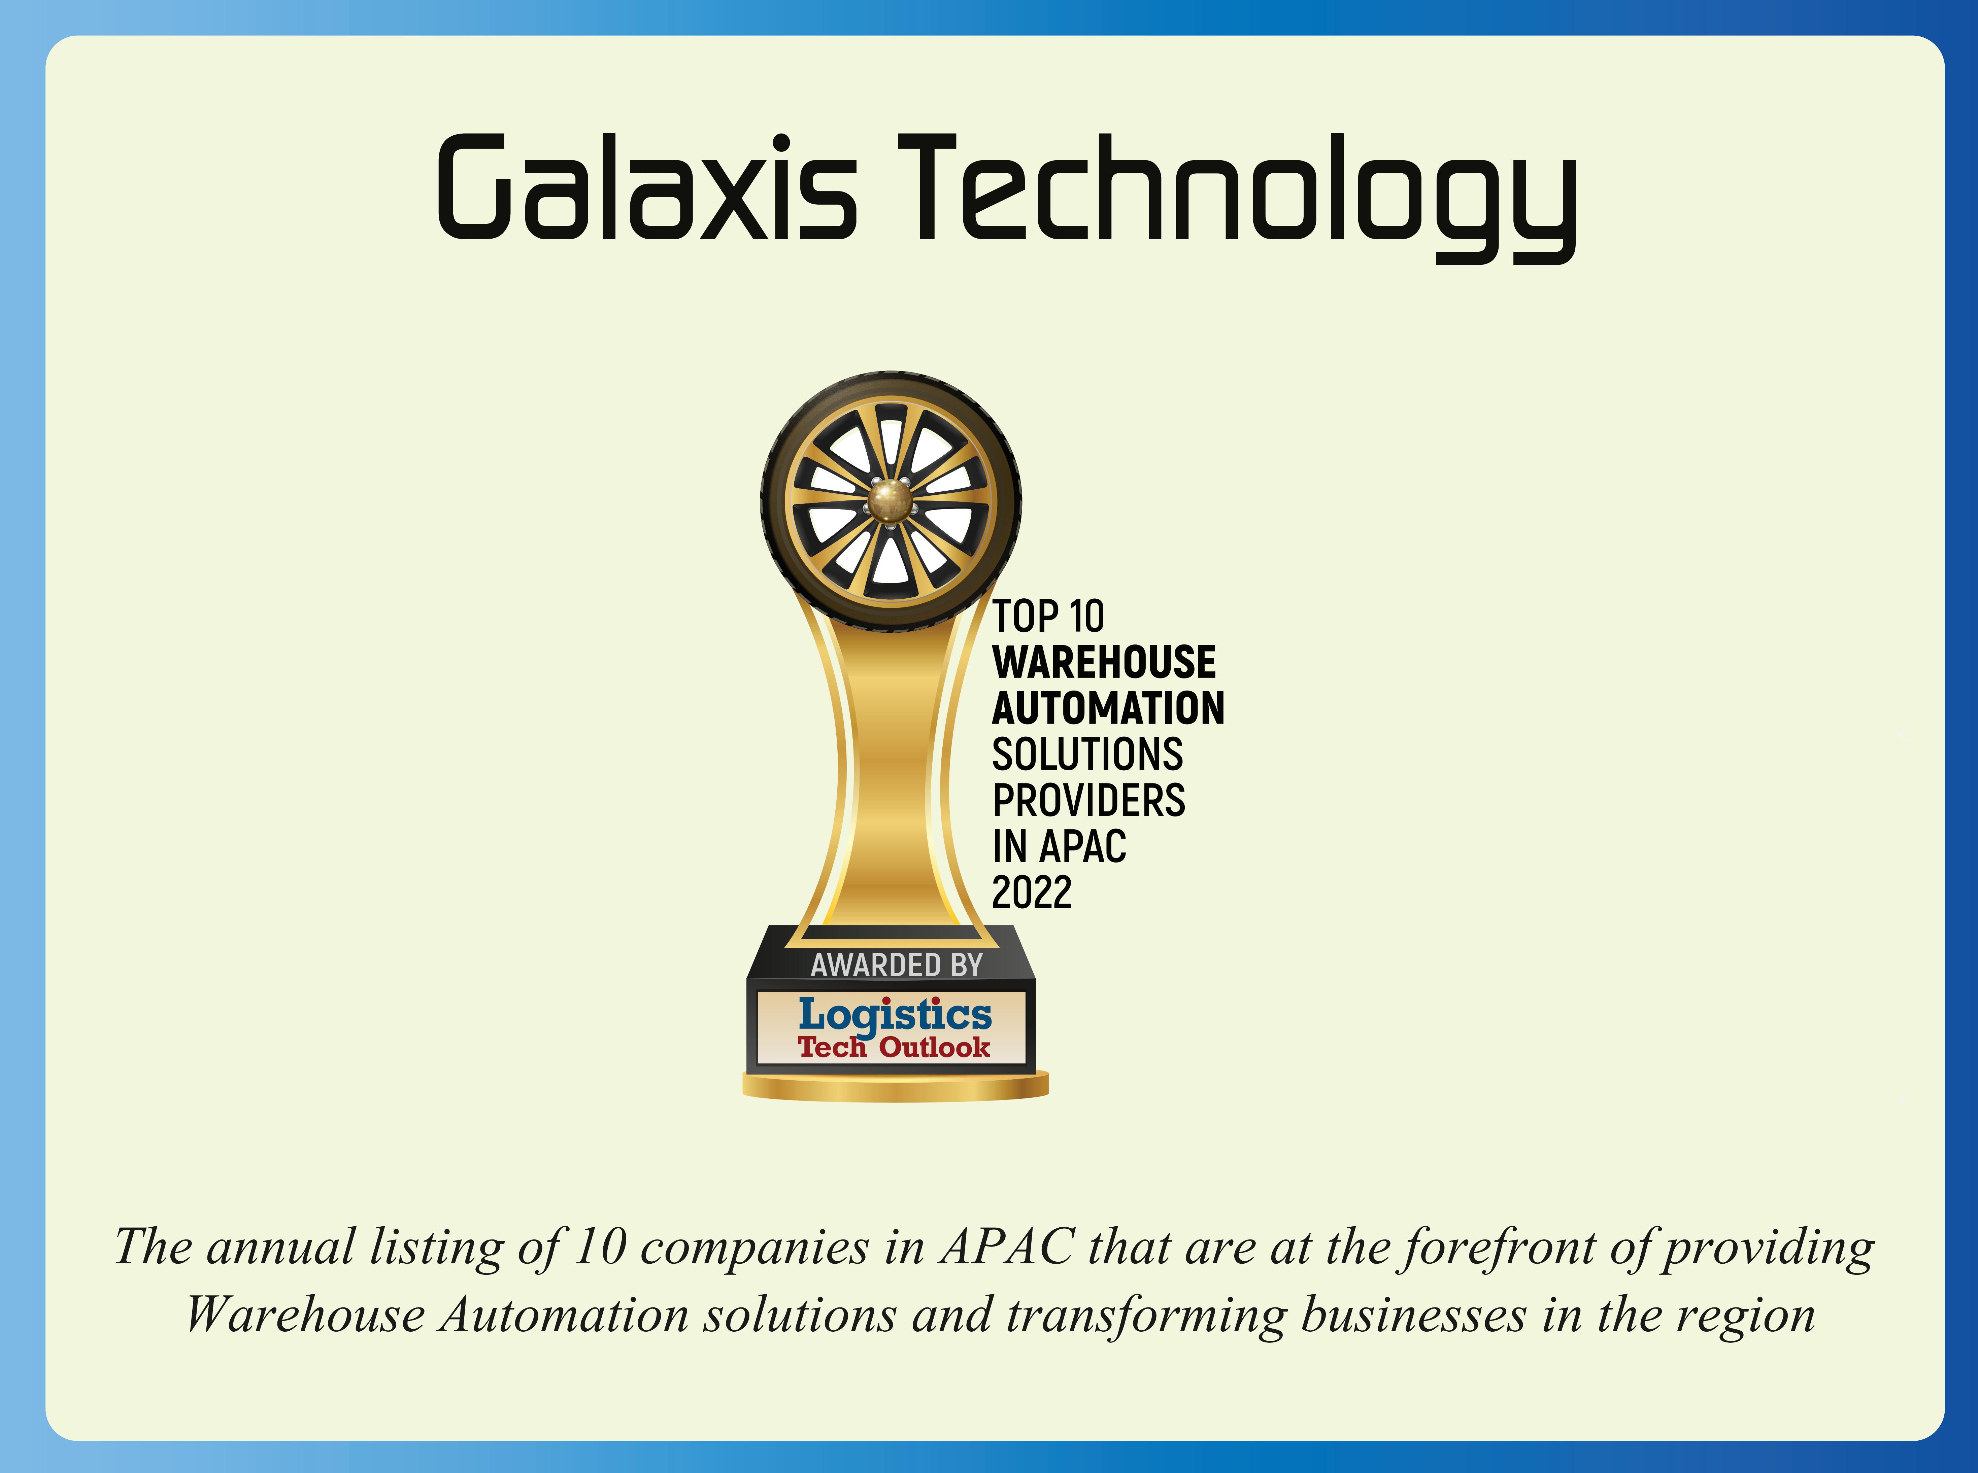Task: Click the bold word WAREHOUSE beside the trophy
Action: (x=1104, y=663)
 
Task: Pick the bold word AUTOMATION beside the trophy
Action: (x=1108, y=708)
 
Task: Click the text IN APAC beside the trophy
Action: (x=1060, y=846)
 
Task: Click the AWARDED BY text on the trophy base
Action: (x=896, y=965)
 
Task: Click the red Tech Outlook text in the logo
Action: (x=894, y=1047)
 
